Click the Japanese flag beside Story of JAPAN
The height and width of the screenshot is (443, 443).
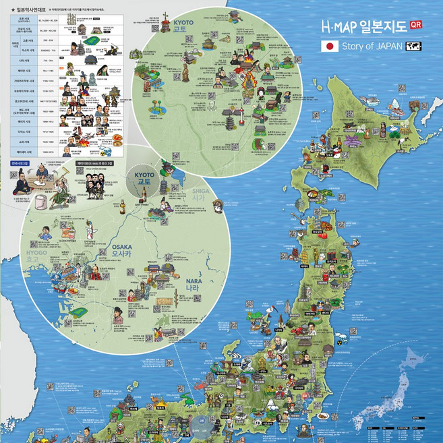pyautogui.click(x=330, y=47)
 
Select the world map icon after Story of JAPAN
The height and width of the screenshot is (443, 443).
pyautogui.click(x=414, y=47)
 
